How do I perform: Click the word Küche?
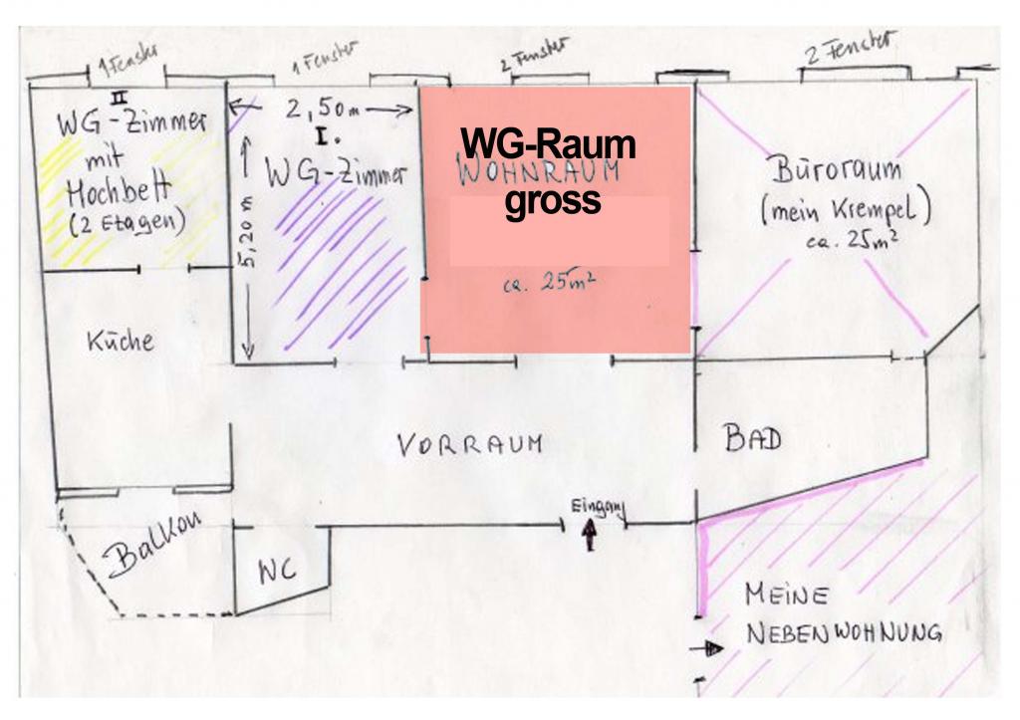pyautogui.click(x=122, y=340)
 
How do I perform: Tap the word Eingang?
pyautogui.click(x=597, y=507)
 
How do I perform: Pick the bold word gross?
pyautogui.click(x=553, y=200)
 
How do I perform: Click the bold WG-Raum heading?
pyautogui.click(x=547, y=145)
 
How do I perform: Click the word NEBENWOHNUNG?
pyautogui.click(x=844, y=633)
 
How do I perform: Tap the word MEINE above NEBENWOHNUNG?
pyautogui.click(x=786, y=597)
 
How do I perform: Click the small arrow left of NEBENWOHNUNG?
pyautogui.click(x=711, y=649)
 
